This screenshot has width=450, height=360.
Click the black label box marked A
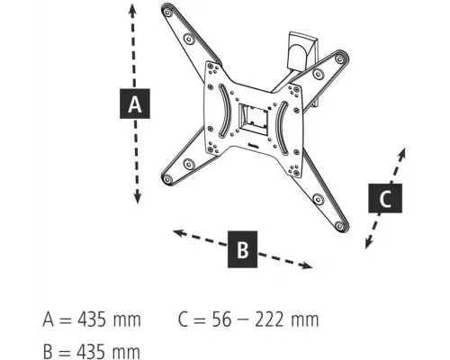pyautogui.click(x=135, y=103)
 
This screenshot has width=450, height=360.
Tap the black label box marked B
pyautogui.click(x=242, y=249)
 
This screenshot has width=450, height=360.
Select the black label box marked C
pyautogui.click(x=385, y=198)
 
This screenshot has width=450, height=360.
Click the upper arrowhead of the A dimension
pyautogui.click(x=132, y=9)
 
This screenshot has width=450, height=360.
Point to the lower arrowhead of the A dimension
pyautogui.click(x=138, y=197)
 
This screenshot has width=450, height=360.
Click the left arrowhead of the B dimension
pyautogui.click(x=178, y=233)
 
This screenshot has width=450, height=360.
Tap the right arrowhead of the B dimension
pyautogui.click(x=307, y=265)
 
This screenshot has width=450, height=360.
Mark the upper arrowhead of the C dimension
pyautogui.click(x=402, y=153)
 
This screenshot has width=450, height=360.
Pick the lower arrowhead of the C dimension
pyautogui.click(x=369, y=243)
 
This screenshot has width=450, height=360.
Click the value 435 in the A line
pyautogui.click(x=92, y=319)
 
